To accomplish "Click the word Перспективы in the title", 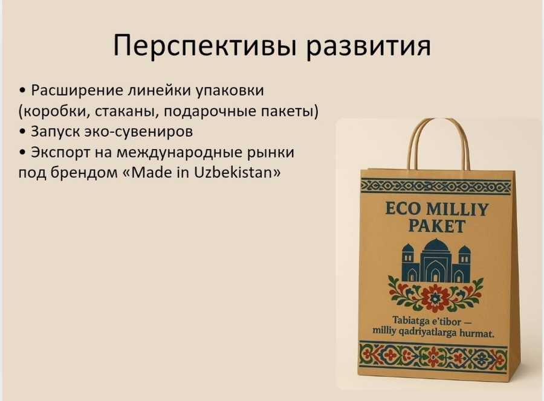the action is pyautogui.click(x=205, y=46).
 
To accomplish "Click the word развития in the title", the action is pyautogui.click(x=369, y=46).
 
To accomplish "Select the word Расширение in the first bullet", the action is pyautogui.click(x=77, y=91).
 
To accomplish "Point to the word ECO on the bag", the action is pyautogui.click(x=403, y=209).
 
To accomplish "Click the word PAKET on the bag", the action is pyautogui.click(x=436, y=226).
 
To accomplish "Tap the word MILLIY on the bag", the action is pyautogui.click(x=458, y=210).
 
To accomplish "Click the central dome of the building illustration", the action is pyautogui.click(x=436, y=245).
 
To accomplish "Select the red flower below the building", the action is pyautogui.click(x=434, y=297).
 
